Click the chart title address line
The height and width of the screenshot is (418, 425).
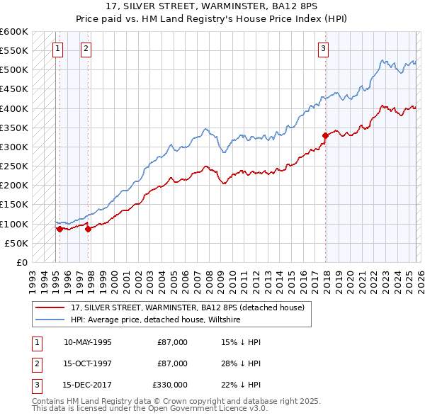tap(212, 6)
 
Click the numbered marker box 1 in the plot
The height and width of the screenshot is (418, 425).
tap(57, 49)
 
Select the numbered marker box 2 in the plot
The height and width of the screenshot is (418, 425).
tap(86, 49)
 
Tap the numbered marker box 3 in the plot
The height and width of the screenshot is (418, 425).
tap(323, 49)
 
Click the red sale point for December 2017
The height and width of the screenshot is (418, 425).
tap(325, 135)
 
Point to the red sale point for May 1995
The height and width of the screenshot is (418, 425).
tap(59, 229)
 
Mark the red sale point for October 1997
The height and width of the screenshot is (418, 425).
tap(89, 229)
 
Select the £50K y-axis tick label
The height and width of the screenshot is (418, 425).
tap(16, 243)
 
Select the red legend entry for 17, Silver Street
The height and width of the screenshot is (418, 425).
tap(188, 307)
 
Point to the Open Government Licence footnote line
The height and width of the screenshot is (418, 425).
tap(149, 409)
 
